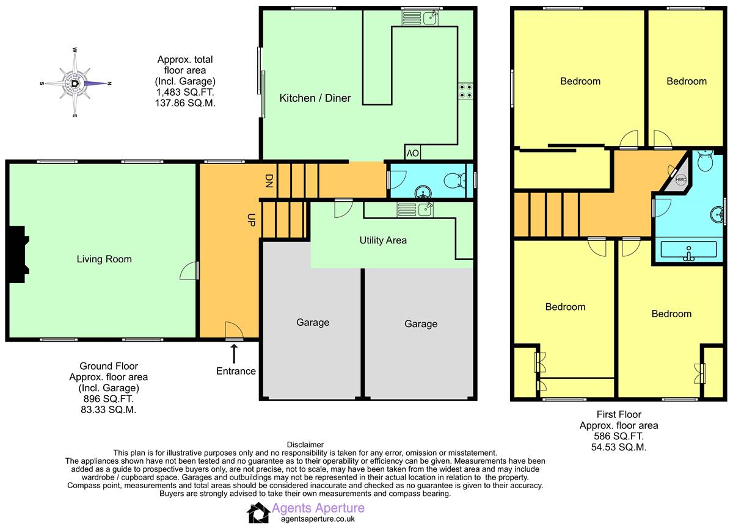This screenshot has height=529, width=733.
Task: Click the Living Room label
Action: [104, 259]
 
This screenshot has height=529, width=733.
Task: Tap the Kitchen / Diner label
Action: [315, 98]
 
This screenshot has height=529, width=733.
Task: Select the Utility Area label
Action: [383, 240]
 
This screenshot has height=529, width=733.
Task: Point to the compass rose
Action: [75, 82]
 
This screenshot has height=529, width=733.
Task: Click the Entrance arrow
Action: [234, 353]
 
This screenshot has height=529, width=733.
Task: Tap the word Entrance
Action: [236, 371]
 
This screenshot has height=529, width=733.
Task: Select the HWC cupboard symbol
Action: [680, 179]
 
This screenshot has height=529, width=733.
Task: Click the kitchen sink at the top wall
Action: [421, 18]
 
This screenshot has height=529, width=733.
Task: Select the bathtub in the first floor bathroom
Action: [689, 251]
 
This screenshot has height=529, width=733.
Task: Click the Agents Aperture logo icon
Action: [258, 513]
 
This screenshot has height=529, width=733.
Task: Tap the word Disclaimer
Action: [305, 445]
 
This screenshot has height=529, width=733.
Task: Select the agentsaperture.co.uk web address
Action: [318, 519]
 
